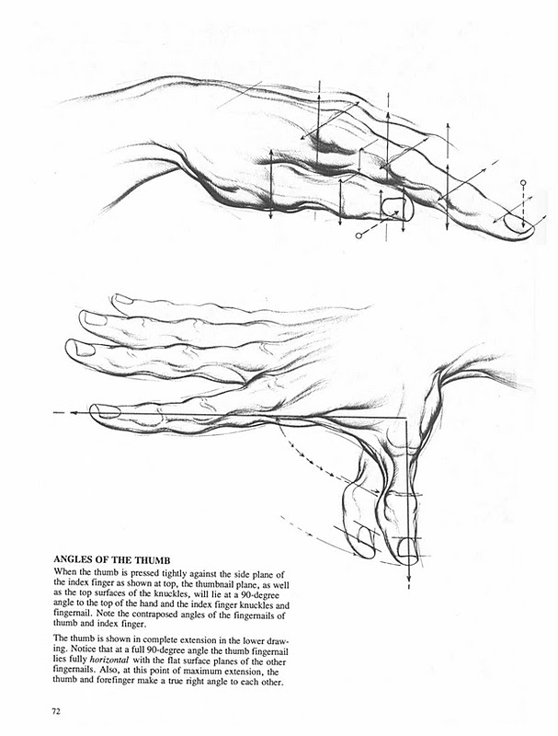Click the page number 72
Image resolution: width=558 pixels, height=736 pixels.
pyautogui.click(x=58, y=710)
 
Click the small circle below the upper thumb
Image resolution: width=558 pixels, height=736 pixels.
pyautogui.click(x=359, y=236)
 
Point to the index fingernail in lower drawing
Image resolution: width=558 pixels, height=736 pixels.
pyautogui.click(x=107, y=410)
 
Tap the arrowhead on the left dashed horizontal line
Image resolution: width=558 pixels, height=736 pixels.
pyautogui.click(x=58, y=414)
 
